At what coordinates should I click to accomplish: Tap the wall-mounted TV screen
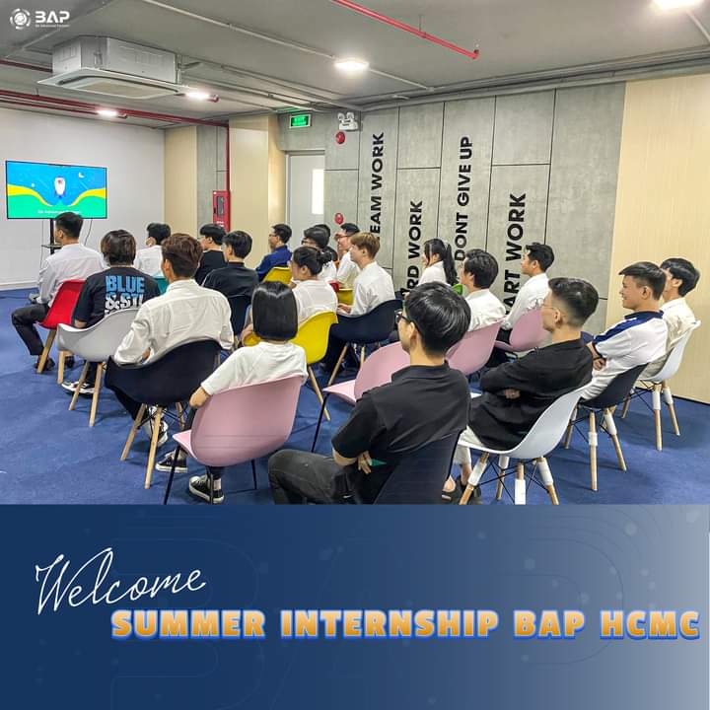coord(56,189)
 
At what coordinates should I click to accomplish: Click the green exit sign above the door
coord(300,120)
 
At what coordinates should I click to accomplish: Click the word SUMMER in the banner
coord(187,624)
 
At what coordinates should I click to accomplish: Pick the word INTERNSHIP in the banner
coord(390,624)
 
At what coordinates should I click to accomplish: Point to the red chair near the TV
coord(61,306)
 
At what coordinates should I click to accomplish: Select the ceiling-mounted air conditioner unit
coord(110,67)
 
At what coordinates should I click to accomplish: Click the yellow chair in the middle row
coord(315,336)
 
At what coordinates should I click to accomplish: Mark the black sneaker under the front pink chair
coord(204,487)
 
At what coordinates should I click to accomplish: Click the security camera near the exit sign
coord(347,121)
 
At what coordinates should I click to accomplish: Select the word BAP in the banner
coord(548,624)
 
